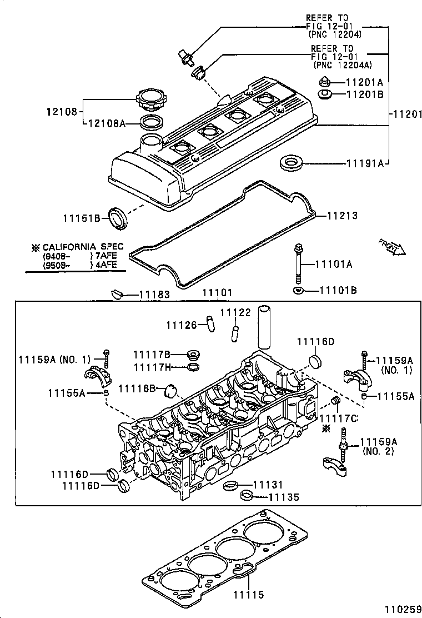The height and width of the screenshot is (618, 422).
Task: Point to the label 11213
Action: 341,216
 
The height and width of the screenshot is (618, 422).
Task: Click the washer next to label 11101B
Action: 298,291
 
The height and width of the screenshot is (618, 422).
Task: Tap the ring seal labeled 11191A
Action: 290,163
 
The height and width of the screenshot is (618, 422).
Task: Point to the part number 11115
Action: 248,594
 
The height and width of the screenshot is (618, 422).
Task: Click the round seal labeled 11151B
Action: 118,217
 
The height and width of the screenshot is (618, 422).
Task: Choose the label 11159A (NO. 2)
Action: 378,446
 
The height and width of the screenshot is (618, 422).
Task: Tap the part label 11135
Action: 284,497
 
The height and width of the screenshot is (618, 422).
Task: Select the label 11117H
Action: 151,367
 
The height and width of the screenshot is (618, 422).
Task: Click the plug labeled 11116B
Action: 172,391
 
